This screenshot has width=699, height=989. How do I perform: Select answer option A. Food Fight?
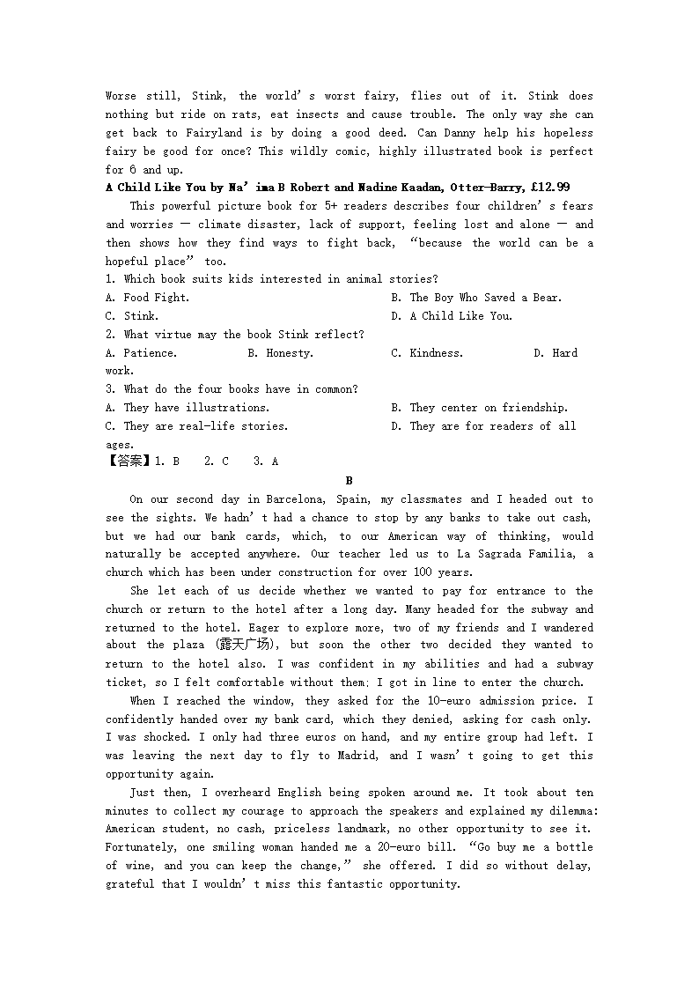[x=147, y=298]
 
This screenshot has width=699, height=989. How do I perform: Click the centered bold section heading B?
[x=349, y=481]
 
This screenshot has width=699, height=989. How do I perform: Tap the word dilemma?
[x=567, y=811]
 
